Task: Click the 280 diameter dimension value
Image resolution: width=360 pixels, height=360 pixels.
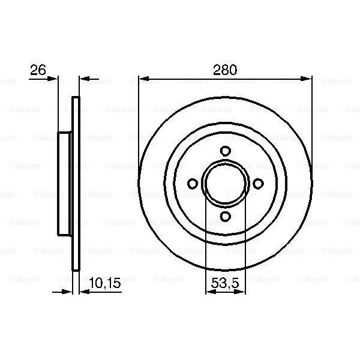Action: (225, 70)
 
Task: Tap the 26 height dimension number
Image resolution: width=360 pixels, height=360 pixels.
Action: (38, 70)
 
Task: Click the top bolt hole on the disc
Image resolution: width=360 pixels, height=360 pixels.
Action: (225, 151)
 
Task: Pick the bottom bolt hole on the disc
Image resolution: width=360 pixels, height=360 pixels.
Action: (225, 217)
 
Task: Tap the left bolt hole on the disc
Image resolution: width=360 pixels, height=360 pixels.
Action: (193, 184)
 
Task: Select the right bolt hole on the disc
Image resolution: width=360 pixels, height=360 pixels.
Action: (258, 184)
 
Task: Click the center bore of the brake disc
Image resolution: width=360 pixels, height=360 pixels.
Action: (225, 184)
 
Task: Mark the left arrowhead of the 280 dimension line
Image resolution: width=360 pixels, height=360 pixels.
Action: (143, 78)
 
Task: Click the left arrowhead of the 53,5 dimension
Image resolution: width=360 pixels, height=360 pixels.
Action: (209, 292)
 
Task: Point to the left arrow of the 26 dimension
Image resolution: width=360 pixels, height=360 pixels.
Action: (54, 78)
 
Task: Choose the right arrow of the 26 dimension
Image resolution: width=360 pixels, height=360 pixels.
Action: (83, 78)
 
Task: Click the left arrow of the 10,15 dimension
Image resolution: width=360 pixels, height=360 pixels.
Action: (67, 292)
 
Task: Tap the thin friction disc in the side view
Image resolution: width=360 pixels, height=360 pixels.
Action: (76, 184)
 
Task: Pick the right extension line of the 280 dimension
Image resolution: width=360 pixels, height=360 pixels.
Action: (312, 120)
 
